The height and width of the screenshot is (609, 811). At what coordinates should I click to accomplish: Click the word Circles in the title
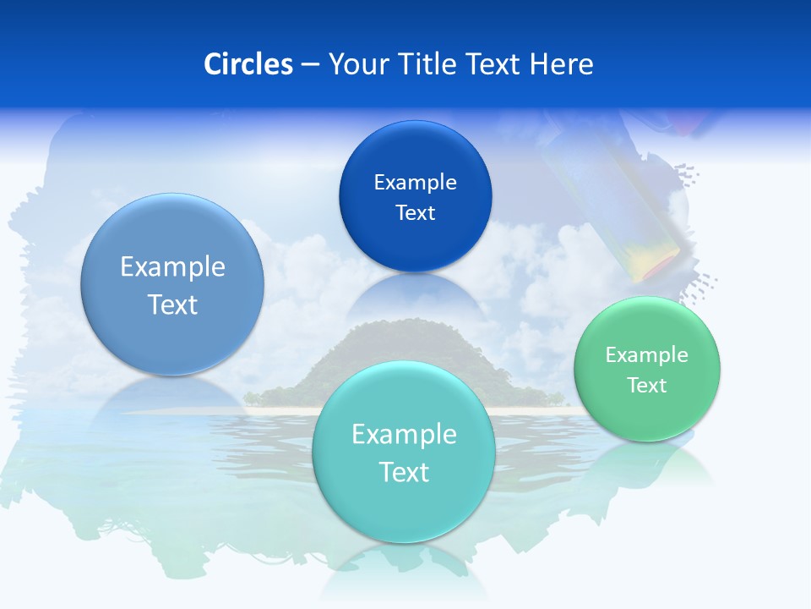click(248, 64)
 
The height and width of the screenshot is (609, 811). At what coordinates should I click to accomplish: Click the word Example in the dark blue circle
click(415, 182)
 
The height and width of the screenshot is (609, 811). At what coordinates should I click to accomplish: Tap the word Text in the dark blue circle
click(415, 212)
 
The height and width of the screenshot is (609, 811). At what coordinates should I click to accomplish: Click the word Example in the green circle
click(647, 354)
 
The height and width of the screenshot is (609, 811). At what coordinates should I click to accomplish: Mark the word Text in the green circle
click(647, 385)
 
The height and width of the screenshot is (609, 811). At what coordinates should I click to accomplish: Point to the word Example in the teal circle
click(404, 434)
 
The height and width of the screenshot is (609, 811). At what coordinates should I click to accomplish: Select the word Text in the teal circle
click(404, 472)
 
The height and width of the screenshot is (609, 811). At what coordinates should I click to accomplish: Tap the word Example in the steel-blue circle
click(172, 266)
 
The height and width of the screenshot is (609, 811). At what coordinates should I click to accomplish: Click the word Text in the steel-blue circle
click(172, 304)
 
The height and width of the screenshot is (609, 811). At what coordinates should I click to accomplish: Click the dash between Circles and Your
click(309, 65)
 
